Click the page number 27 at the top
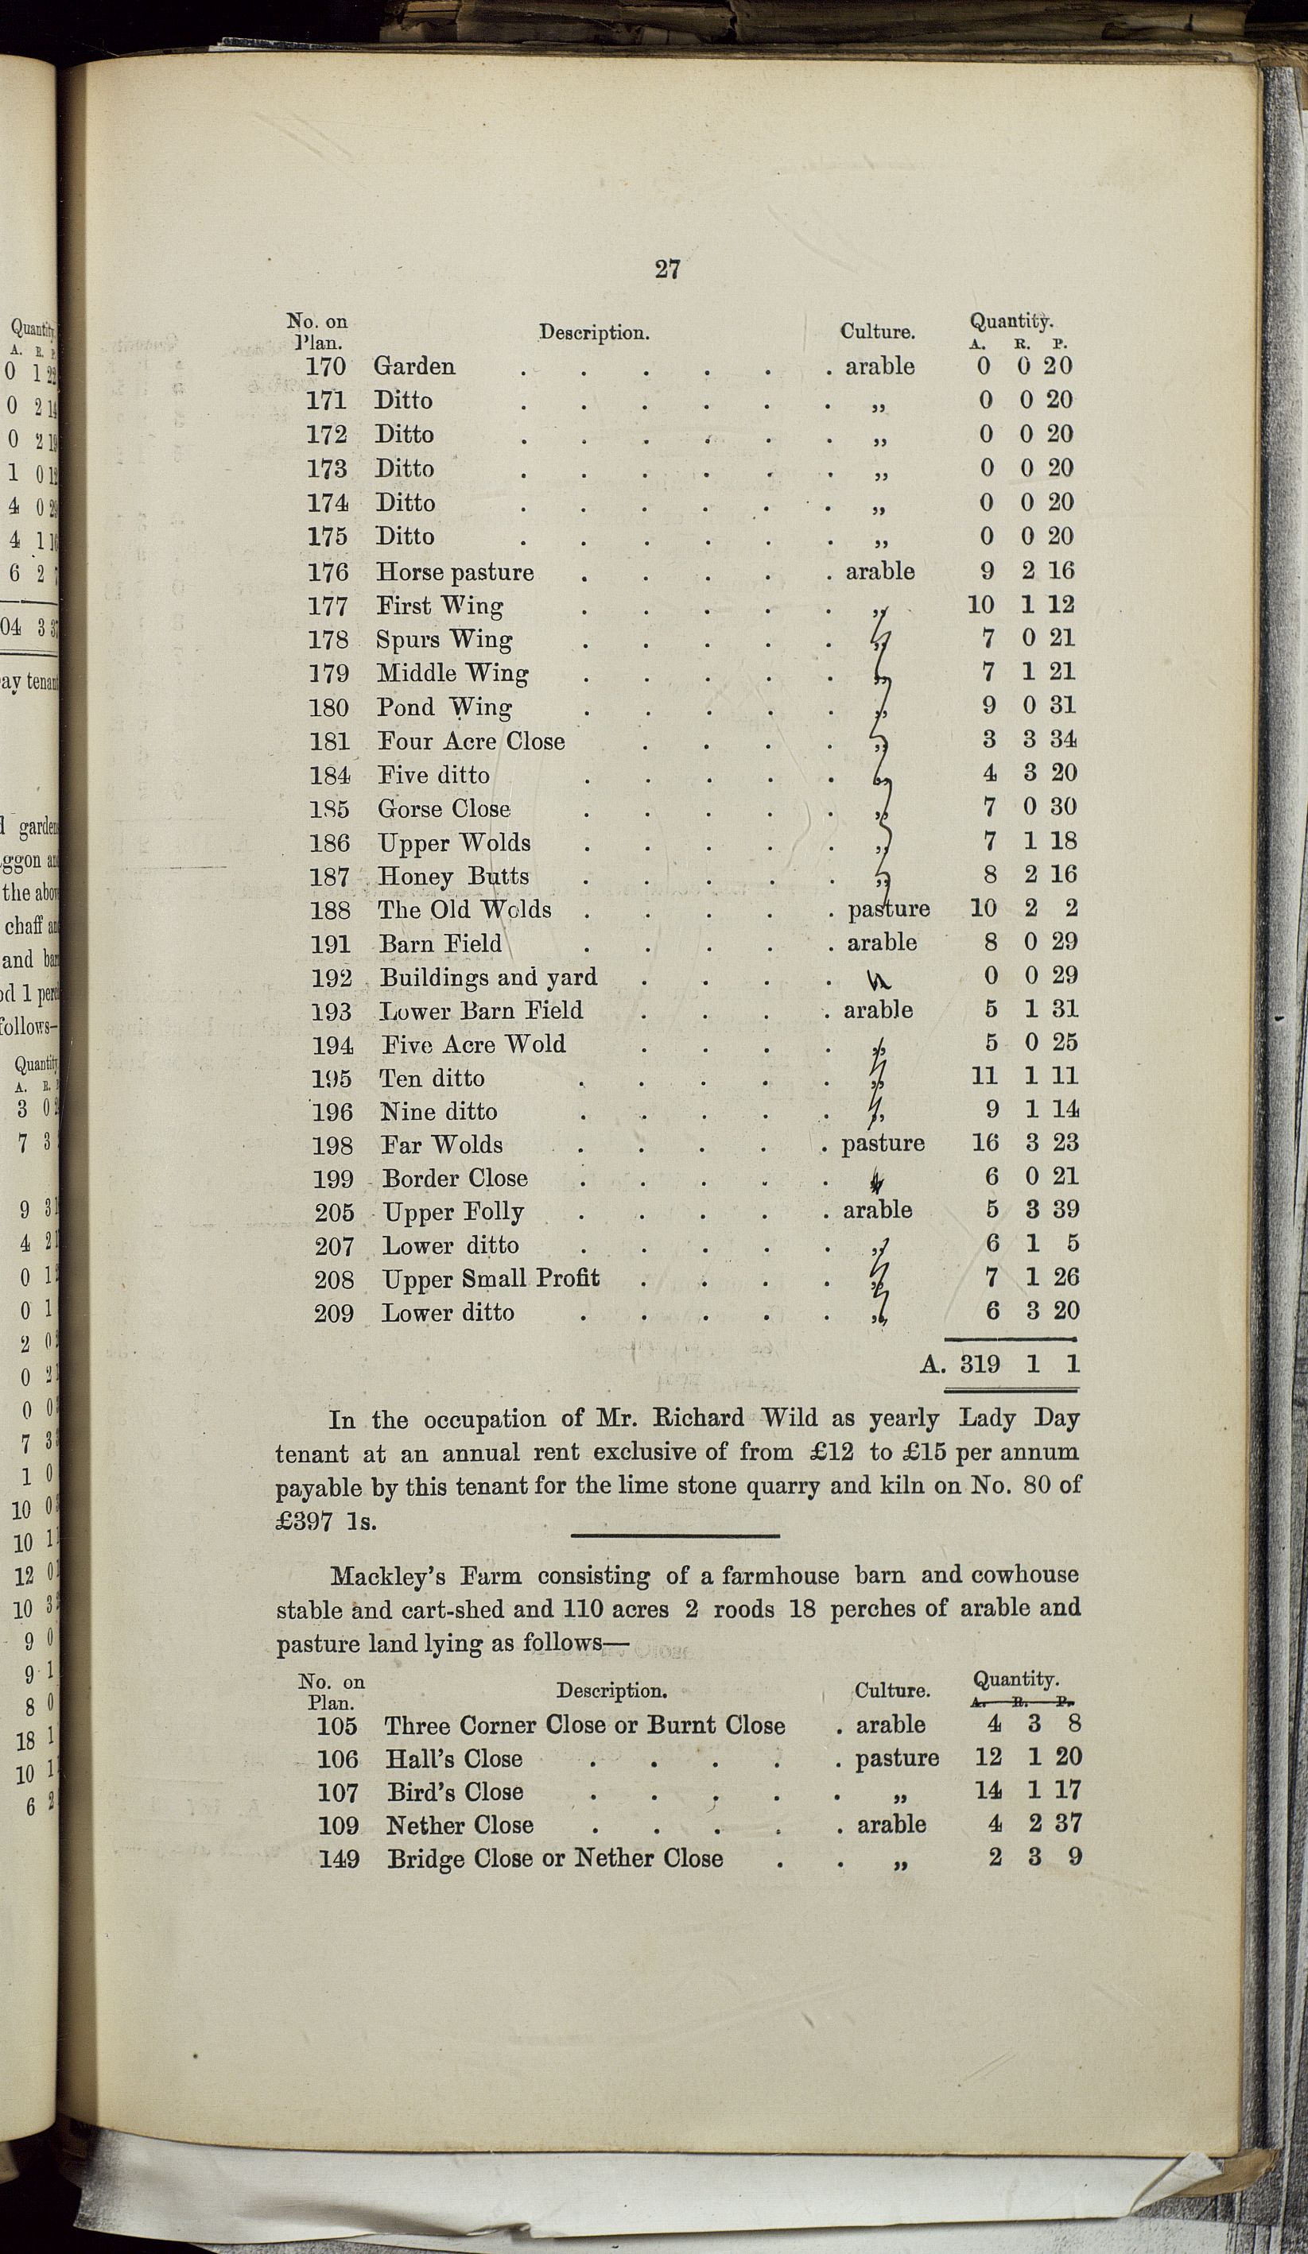coord(667,269)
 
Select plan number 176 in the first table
coord(328,572)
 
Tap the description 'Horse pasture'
coord(455,572)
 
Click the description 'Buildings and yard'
coord(488,978)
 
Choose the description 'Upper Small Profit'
coord(491,1279)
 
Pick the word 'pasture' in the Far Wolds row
coord(883,1144)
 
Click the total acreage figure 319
coord(980,1364)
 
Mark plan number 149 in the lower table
coord(339,1860)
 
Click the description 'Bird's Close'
coord(455,1792)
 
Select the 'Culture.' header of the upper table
coord(877,332)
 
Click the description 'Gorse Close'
coord(444,808)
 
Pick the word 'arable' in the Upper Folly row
coord(878,1210)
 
